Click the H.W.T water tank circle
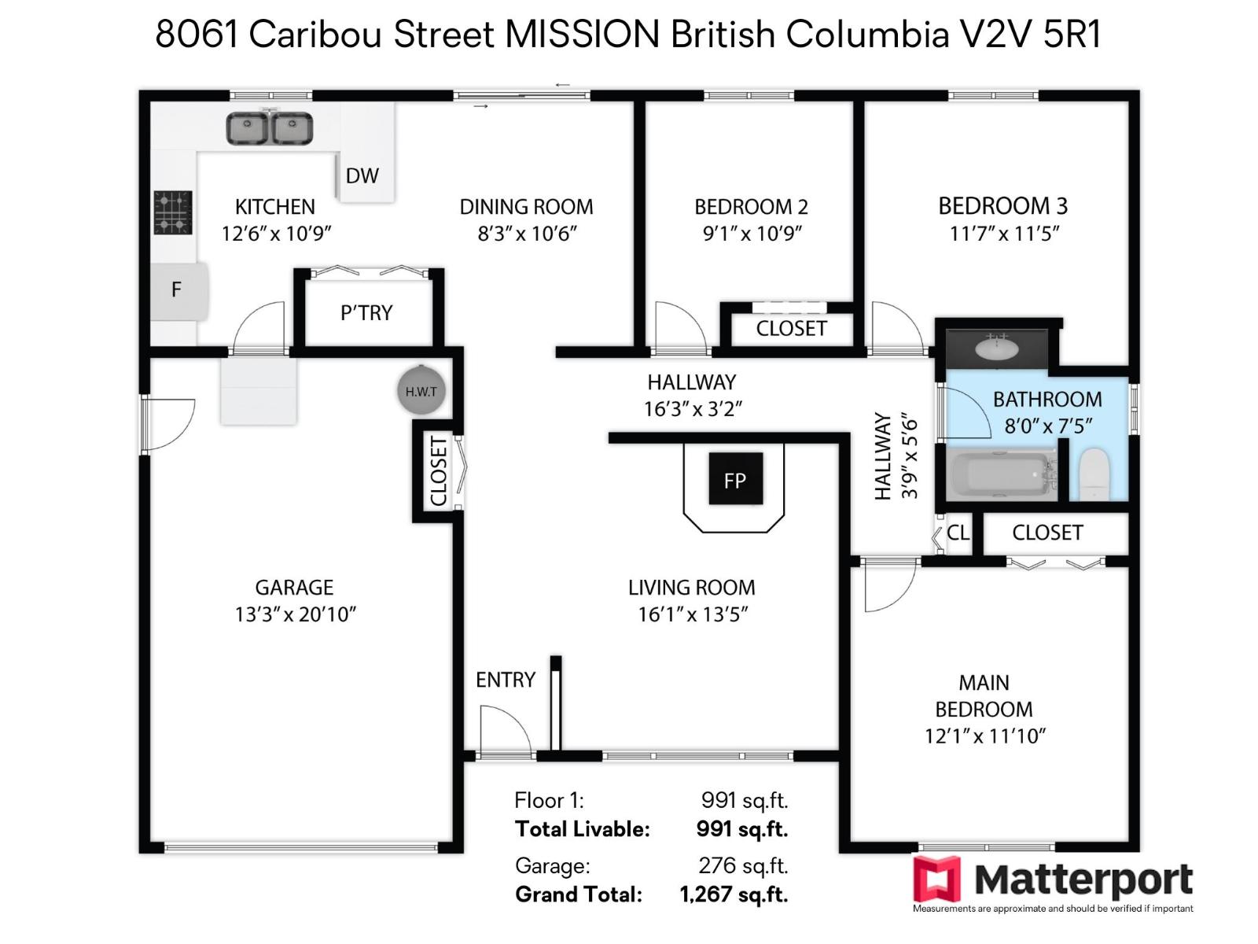point(421,391)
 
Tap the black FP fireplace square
point(735,479)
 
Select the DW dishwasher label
point(362,176)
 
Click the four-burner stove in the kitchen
point(173,212)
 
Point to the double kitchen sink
point(270,128)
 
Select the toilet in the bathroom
point(1094,474)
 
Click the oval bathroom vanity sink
point(995,347)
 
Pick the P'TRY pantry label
point(366,313)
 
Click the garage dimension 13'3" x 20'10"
point(296,614)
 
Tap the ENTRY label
point(505,680)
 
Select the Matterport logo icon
point(936,879)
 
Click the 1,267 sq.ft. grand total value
point(734,894)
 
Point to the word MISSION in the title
point(582,35)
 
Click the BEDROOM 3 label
point(1002,206)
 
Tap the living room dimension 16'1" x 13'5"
point(692,614)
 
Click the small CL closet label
point(958,533)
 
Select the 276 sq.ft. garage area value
point(743,865)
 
